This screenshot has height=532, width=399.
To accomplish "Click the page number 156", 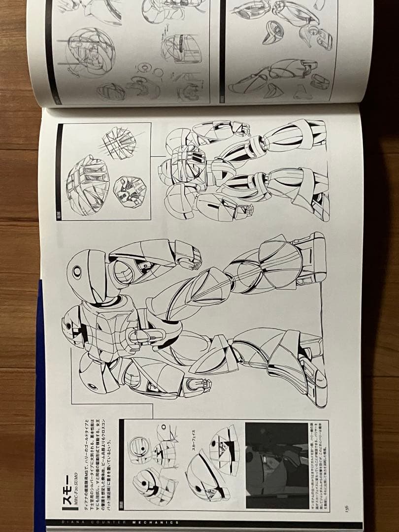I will point(347,507).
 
